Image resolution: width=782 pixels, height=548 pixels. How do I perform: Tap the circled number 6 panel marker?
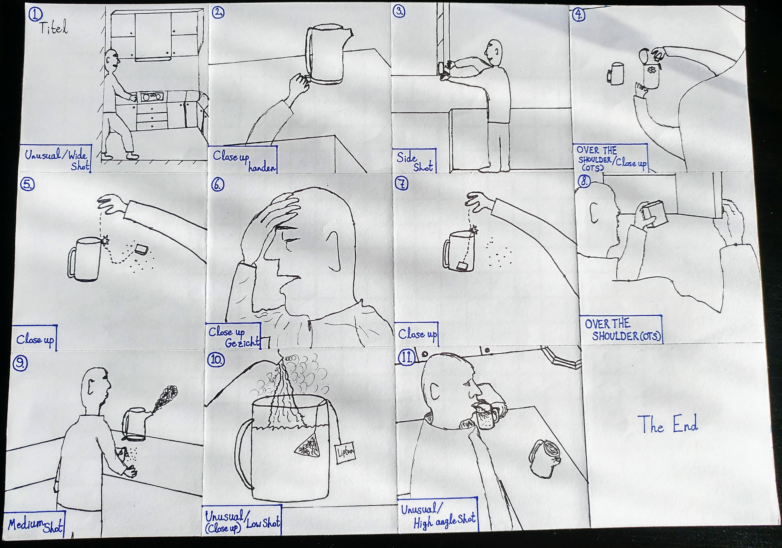click(218, 184)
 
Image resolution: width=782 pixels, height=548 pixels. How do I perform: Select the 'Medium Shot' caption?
click(35, 525)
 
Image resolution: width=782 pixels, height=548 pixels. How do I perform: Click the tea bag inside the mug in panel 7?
click(462, 265)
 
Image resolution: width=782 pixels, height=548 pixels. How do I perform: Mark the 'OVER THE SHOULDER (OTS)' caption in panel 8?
click(622, 329)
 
